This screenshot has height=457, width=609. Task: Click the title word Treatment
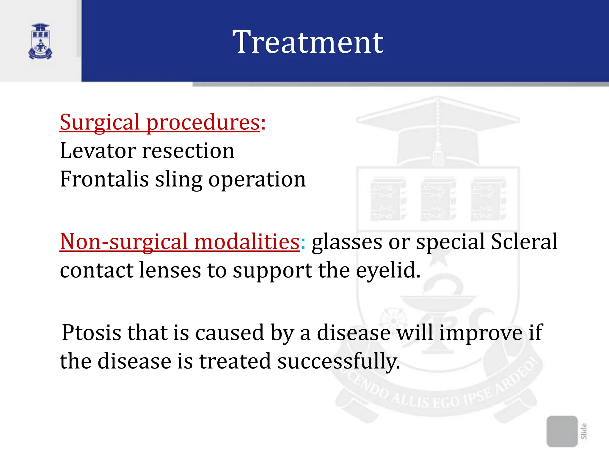tap(308, 42)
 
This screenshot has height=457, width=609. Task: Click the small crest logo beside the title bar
tap(40, 42)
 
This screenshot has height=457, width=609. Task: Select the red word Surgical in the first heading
tap(100, 122)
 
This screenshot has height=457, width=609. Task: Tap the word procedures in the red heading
tap(203, 123)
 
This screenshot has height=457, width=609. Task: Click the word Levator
tap(98, 151)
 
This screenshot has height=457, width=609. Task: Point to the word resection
tap(188, 151)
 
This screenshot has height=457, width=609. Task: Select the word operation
tap(257, 180)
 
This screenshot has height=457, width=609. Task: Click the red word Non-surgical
tap(124, 242)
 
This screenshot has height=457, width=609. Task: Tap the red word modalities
tap(247, 241)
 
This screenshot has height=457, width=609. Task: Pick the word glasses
tap(347, 242)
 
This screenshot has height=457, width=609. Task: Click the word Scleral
tap(524, 241)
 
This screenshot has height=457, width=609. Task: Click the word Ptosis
tap(91, 333)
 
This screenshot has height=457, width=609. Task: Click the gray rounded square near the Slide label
tap(562, 431)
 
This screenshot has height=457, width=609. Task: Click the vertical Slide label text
tap(584, 431)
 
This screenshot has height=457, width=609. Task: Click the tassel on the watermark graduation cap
tap(438, 155)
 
